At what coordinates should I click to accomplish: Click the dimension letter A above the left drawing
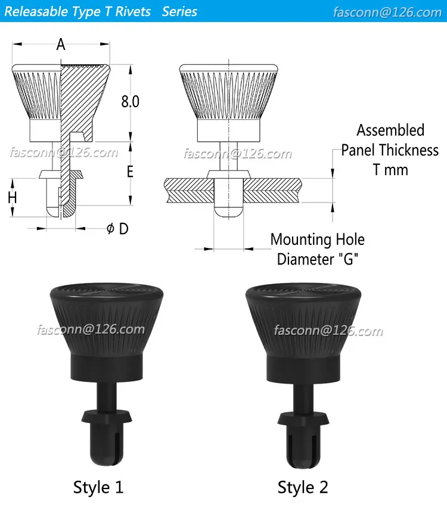tap(61, 44)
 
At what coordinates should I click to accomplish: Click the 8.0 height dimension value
tap(130, 101)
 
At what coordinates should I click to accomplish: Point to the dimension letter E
tap(130, 172)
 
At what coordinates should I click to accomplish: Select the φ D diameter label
tap(117, 229)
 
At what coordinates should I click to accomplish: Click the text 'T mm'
tap(390, 170)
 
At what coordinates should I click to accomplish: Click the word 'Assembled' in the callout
tap(390, 130)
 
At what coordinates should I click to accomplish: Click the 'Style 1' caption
tap(98, 487)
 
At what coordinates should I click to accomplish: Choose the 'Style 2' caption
tap(303, 487)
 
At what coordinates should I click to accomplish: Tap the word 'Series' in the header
tap(179, 11)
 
